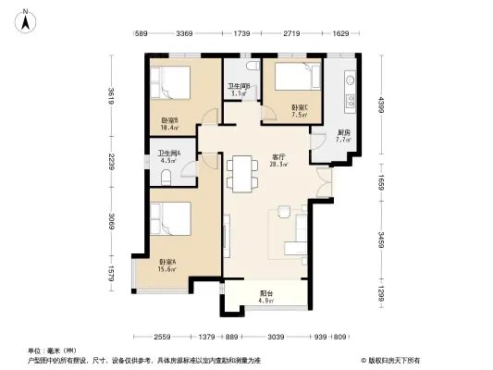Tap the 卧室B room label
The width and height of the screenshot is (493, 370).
pos(170,121)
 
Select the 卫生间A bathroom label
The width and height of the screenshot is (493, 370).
pos(169,156)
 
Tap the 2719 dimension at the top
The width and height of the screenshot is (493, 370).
pos(293,35)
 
